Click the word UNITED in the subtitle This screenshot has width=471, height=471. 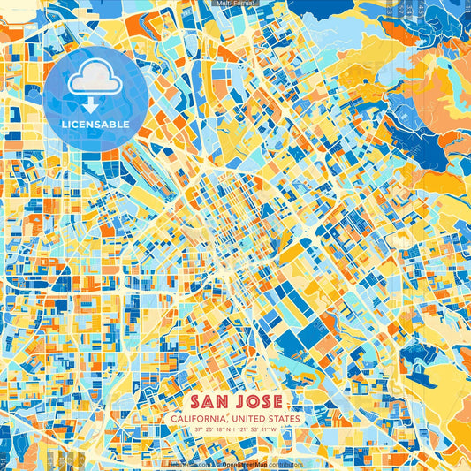[x=249, y=418]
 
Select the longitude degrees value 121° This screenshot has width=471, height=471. [x=245, y=429]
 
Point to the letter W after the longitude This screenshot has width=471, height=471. [x=275, y=429]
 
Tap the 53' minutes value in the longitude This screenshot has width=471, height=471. [x=257, y=429]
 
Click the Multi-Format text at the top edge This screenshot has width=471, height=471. [x=236, y=4]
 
